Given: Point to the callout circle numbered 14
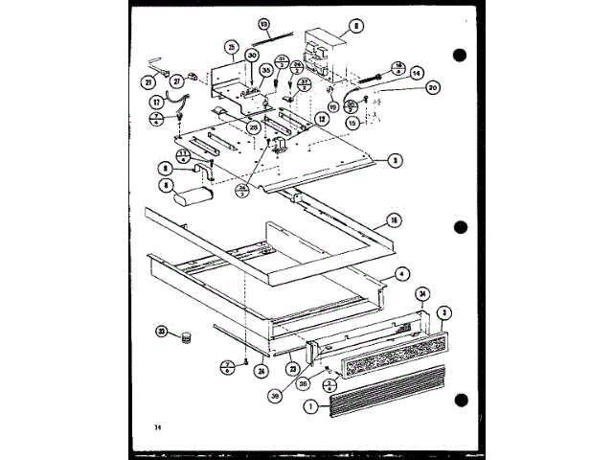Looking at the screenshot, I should [417, 72].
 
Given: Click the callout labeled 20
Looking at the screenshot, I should [432, 87].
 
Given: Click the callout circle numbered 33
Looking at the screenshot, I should [161, 332].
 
